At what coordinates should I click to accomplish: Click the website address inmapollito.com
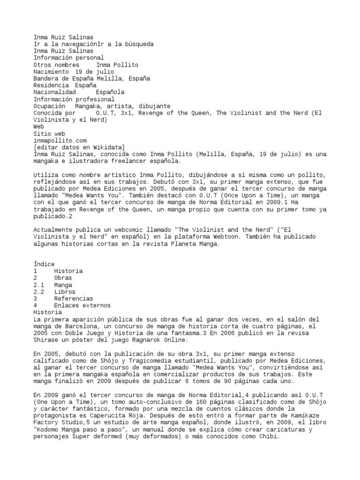(60, 140)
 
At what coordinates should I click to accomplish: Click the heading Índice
(44, 264)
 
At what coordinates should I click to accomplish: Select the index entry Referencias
(73, 299)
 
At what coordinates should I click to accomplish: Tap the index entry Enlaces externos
(82, 306)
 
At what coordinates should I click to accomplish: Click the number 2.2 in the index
(39, 292)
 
